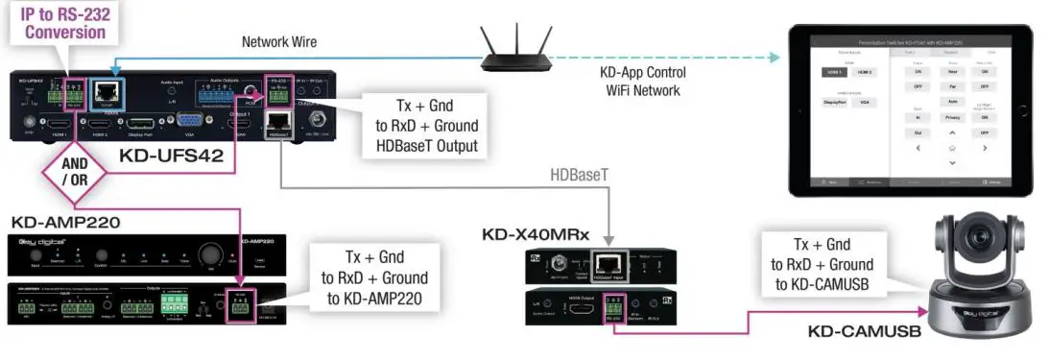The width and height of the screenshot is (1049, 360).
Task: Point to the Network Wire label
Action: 280,42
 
